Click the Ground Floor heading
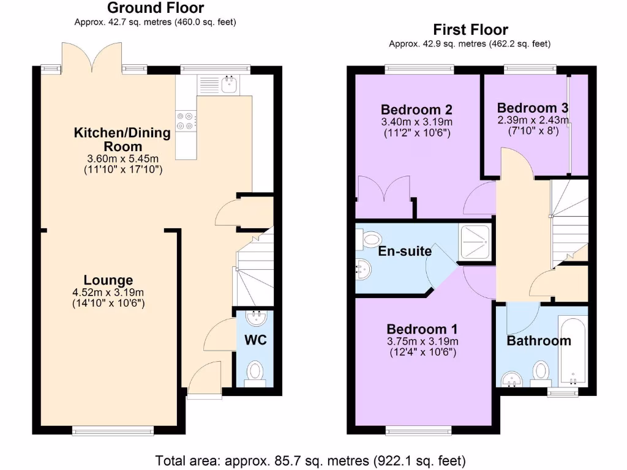156,8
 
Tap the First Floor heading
470,29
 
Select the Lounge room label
108,280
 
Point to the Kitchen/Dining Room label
108,140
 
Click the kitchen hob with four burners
187,121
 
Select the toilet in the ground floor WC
255,371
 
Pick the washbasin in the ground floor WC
255,318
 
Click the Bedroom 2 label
416,110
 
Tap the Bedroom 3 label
533,107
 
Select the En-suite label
405,251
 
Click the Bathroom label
538,341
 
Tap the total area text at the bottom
310,460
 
